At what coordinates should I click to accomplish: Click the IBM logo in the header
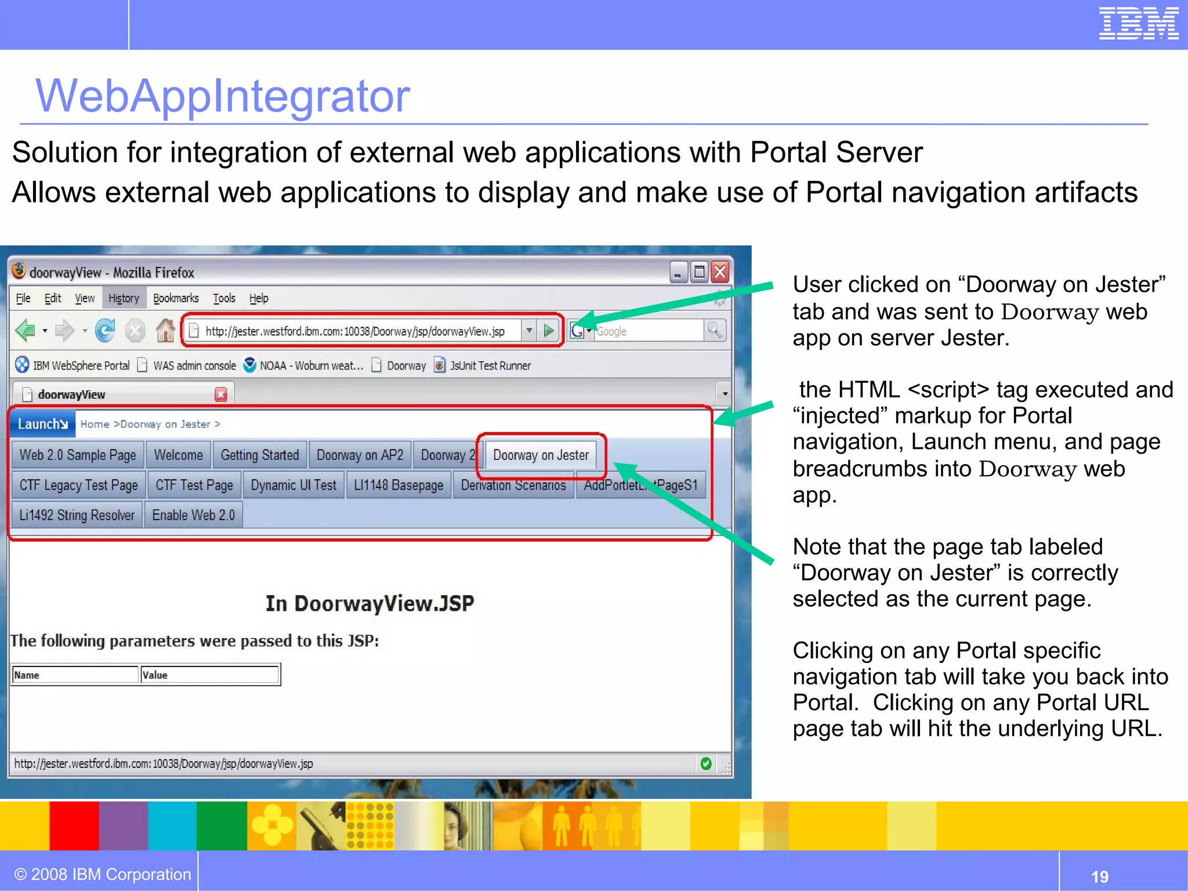(x=1138, y=24)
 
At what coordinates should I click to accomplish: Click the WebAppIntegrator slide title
(x=223, y=96)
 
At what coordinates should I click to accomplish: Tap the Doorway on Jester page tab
(x=541, y=455)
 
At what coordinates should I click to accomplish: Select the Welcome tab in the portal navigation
(x=178, y=455)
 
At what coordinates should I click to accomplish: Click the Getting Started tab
(x=260, y=455)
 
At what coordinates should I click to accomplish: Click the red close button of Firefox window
(x=720, y=271)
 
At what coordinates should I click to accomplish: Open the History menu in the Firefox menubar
(x=124, y=298)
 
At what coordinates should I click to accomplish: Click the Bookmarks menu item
(x=176, y=298)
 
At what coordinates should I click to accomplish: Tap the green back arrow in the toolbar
(x=25, y=331)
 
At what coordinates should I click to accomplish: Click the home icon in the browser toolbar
(x=165, y=331)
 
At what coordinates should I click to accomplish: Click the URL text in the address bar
(x=354, y=331)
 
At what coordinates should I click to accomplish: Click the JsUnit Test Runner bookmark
(x=490, y=365)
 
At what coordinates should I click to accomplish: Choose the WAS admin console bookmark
(x=194, y=365)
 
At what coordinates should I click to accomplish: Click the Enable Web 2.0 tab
(x=193, y=515)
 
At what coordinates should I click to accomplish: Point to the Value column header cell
(x=209, y=675)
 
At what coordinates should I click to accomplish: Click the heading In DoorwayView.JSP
(x=370, y=603)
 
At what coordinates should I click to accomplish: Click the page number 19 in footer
(x=1099, y=876)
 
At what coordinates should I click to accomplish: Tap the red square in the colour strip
(x=74, y=825)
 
